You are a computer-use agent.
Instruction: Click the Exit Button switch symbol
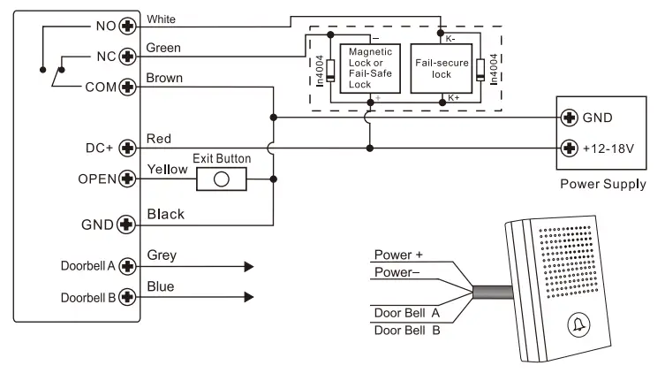click(220, 179)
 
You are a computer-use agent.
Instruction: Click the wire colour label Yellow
click(165, 167)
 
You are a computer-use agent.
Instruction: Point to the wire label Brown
click(164, 78)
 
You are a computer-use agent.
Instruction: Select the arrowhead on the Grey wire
click(249, 265)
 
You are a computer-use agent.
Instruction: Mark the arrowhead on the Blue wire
click(249, 296)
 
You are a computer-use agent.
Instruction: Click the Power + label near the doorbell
click(398, 255)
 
